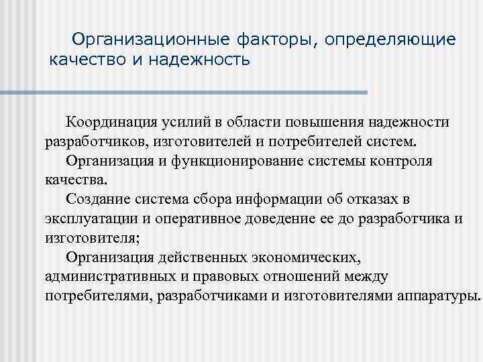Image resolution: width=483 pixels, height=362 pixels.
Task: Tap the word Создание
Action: [97, 200]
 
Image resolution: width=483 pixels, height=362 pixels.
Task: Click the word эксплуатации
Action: [87, 219]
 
